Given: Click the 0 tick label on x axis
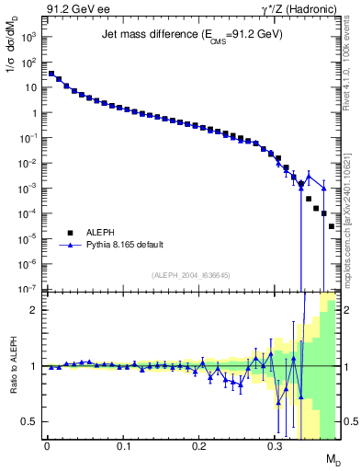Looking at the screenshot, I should click(x=47, y=446).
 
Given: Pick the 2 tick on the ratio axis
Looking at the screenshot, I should click(x=36, y=310).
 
